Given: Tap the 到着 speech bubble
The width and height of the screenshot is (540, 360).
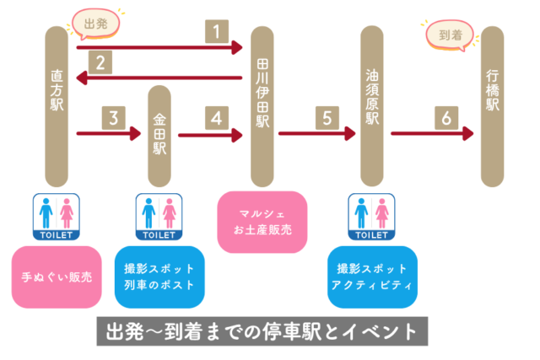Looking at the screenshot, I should point(448,35).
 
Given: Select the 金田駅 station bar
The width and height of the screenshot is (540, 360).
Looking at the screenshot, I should point(160,135).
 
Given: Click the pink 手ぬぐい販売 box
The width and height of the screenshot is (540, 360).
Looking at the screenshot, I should point(57,277).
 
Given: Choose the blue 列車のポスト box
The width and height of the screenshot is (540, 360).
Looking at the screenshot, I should point(159,277).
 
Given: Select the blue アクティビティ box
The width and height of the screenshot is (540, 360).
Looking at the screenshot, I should point(372,277).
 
